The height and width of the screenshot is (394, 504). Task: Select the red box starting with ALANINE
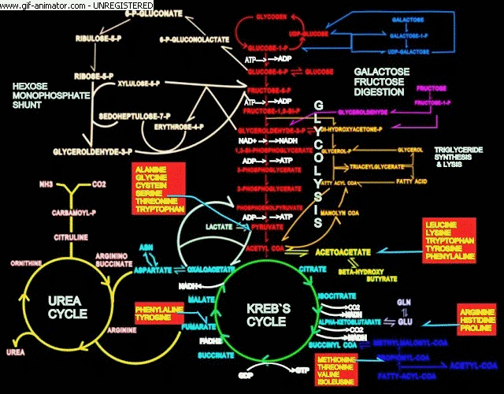158,189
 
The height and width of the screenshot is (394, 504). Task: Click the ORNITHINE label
23,262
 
